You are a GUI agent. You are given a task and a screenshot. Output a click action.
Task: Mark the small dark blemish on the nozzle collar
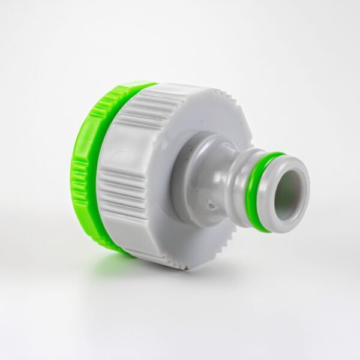(211, 206)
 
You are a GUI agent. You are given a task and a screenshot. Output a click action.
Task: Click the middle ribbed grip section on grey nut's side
(120, 192)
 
